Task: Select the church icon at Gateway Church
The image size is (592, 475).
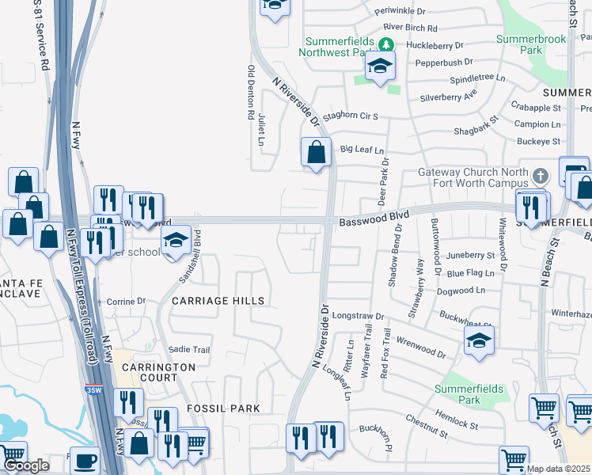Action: (540, 176)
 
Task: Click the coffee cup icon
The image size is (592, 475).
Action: (85, 460)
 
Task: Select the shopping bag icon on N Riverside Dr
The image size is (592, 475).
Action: (317, 150)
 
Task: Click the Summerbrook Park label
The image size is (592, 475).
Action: (519, 44)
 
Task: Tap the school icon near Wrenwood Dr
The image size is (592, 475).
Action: (479, 341)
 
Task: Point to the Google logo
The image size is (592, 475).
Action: (25, 465)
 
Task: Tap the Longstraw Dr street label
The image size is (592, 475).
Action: (358, 315)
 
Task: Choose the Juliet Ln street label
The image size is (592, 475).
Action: (261, 130)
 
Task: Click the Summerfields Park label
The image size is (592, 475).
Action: (458, 394)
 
